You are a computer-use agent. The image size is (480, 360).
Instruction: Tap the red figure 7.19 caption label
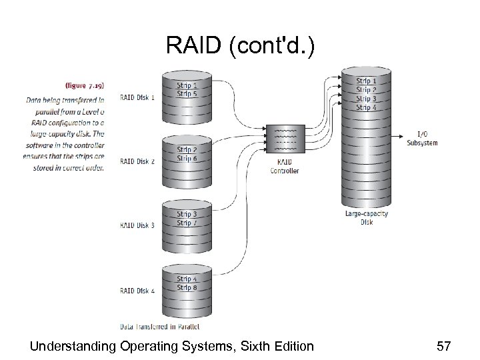[85, 85]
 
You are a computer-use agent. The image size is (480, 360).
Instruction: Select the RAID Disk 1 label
[138, 97]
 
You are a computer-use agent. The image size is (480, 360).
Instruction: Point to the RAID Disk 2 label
[138, 161]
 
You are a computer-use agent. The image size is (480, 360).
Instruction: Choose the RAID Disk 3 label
[138, 225]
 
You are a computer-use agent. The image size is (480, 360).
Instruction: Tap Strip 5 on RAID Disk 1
[187, 94]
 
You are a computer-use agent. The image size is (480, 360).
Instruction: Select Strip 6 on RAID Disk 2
[187, 158]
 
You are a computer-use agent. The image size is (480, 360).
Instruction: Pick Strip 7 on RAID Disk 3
[187, 222]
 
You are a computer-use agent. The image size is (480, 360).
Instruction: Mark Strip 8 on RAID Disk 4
[187, 287]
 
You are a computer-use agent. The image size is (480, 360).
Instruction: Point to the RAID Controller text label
[285, 167]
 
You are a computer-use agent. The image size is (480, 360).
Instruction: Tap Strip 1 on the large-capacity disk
[366, 81]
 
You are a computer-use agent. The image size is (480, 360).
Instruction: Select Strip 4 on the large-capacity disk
[366, 107]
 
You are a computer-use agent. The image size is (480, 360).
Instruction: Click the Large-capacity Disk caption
[366, 217]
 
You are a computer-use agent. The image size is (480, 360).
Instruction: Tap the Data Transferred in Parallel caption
[160, 327]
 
